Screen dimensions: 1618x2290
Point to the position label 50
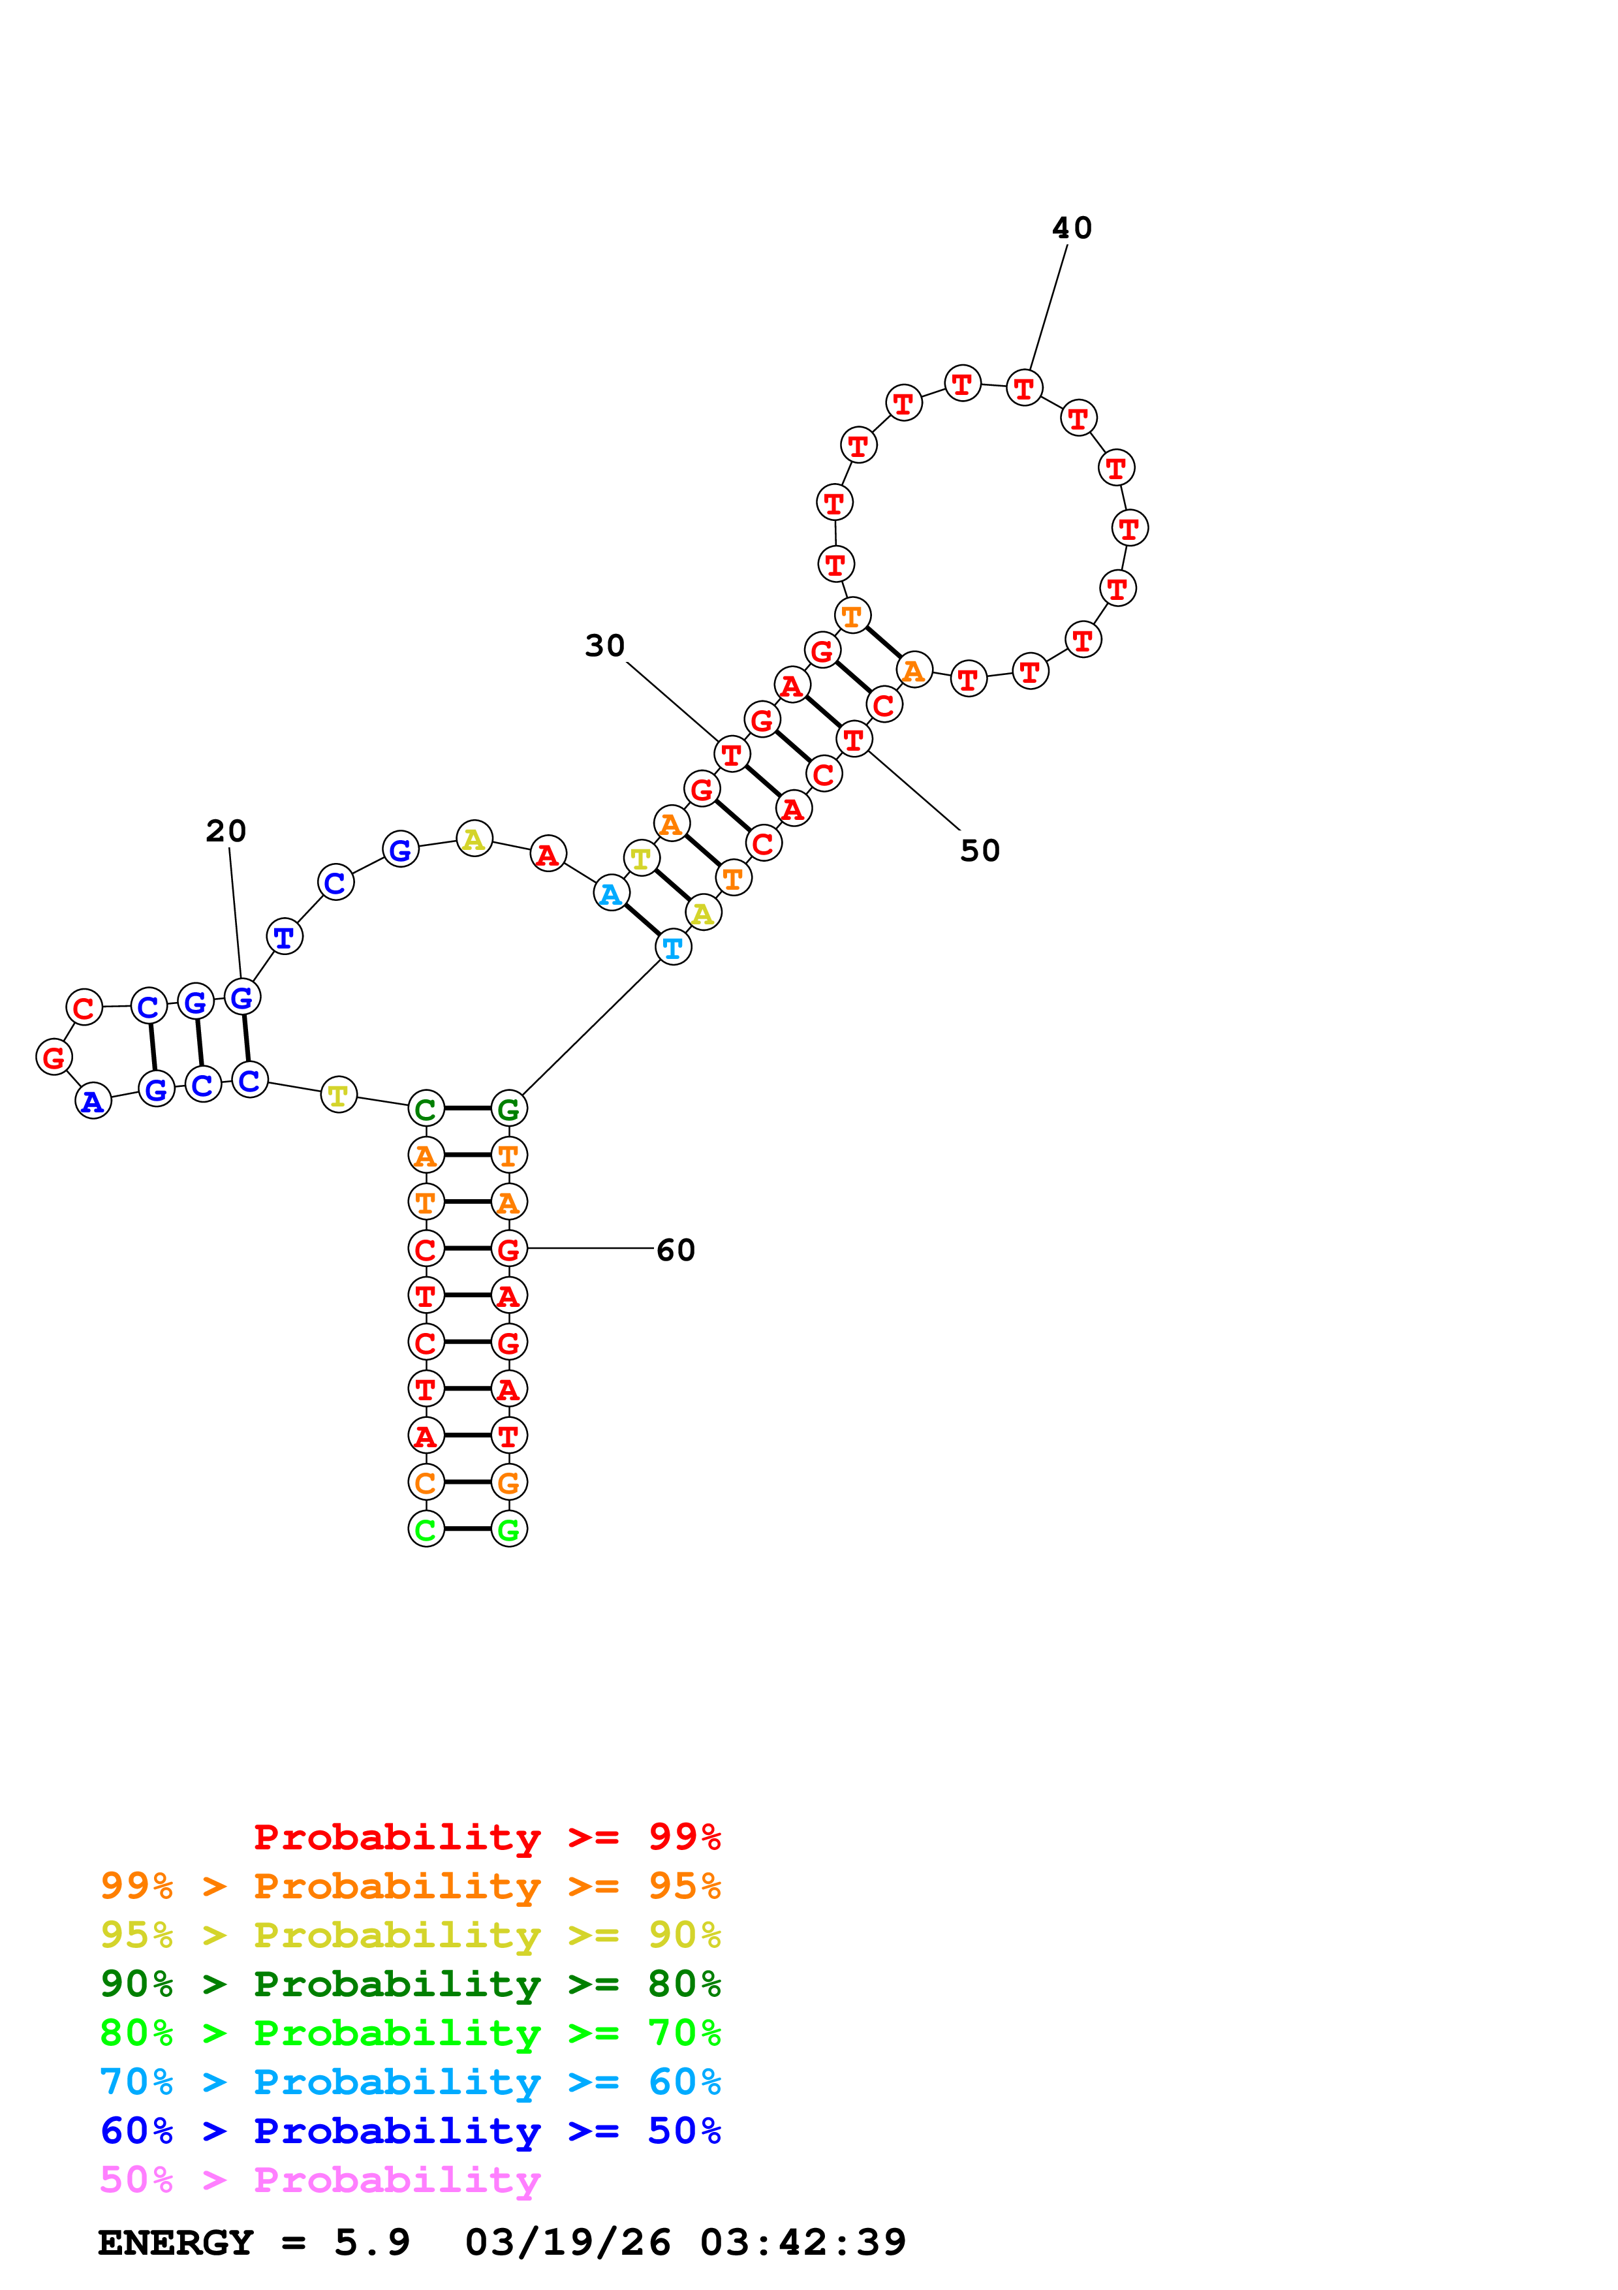click(979, 851)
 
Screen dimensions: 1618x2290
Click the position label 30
click(604, 646)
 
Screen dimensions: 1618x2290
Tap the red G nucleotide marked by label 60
click(508, 1249)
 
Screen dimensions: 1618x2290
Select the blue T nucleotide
click(284, 937)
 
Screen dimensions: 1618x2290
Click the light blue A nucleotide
click(611, 894)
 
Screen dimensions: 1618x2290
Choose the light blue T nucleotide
click(673, 947)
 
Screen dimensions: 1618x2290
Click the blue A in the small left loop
click(93, 1101)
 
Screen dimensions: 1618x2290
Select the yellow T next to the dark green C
click(338, 1095)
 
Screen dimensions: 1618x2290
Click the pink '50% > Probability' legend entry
click(319, 2180)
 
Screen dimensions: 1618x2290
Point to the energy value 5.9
click(372, 2243)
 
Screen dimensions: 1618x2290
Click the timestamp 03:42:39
click(803, 2243)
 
